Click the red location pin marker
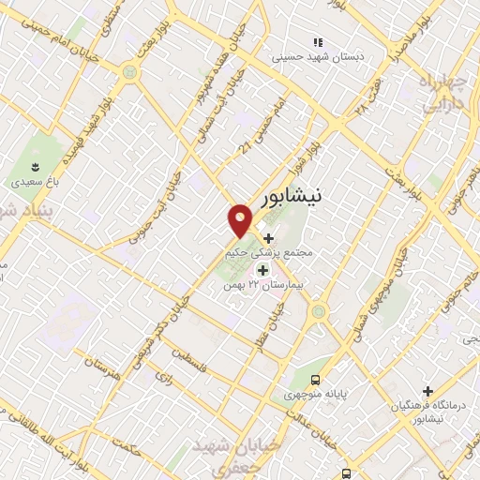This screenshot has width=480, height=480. tap(240, 220)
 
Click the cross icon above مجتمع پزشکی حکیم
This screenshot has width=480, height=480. tap(270, 239)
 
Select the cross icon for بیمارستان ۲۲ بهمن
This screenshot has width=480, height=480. tap(262, 270)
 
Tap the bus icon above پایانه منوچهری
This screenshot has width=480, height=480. tap(316, 380)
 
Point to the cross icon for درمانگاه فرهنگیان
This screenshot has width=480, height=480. tap(428, 390)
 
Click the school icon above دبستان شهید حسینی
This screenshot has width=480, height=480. tap(318, 42)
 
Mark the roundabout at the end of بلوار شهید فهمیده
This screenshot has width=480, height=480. tap(128, 72)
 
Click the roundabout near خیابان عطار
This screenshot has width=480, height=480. tap(318, 311)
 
